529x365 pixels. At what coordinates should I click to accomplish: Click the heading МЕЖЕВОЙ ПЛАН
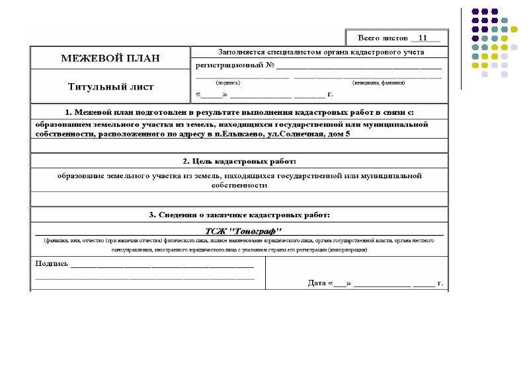(x=110, y=58)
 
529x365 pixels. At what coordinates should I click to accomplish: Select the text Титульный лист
(x=110, y=86)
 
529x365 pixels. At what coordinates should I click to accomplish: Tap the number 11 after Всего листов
(x=424, y=37)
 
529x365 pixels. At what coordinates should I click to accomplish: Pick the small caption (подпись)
(x=228, y=83)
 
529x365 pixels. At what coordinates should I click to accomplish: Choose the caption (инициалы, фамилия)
(x=378, y=83)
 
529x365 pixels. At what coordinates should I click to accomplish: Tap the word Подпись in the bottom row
(x=51, y=263)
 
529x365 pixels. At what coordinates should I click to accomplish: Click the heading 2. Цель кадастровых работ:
(x=239, y=161)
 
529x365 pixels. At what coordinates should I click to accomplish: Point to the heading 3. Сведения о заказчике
(x=239, y=215)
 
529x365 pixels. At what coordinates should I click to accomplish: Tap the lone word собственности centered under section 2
(x=239, y=185)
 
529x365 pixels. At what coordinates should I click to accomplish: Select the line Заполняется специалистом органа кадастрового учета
(x=321, y=51)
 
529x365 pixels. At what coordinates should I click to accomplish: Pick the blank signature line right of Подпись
(x=162, y=265)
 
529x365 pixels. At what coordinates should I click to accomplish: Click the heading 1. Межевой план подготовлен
(x=239, y=112)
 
